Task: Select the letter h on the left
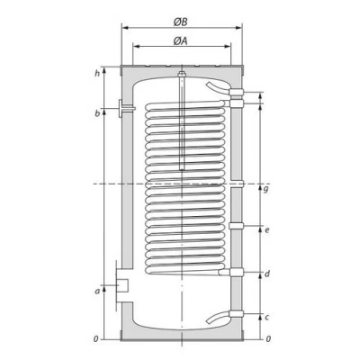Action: click(96, 73)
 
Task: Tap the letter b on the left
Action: click(96, 112)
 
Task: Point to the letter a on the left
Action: click(96, 290)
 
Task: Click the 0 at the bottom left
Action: click(96, 339)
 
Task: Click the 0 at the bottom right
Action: click(267, 339)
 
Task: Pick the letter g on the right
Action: click(267, 190)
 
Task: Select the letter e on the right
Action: click(267, 230)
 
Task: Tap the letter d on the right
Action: click(267, 274)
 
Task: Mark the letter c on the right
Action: click(267, 316)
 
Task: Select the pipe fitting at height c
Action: click(237, 315)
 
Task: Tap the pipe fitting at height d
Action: click(237, 272)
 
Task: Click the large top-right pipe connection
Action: click(237, 92)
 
